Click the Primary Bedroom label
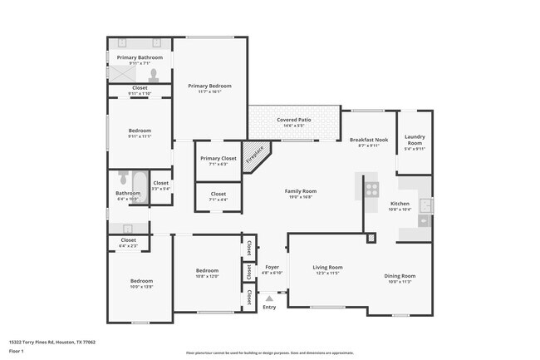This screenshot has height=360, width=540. click(209, 86)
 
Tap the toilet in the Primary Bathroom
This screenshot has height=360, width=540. click(153, 73)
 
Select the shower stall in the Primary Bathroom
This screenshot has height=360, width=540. click(122, 73)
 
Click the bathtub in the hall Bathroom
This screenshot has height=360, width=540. click(137, 180)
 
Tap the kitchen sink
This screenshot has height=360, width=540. click(425, 205)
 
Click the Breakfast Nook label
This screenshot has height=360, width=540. click(370, 140)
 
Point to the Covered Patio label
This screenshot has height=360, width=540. click(294, 120)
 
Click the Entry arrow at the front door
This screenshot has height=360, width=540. click(269, 297)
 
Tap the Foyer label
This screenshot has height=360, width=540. click(272, 267)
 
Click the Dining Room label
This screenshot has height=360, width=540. click(400, 275)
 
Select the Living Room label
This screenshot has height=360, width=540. click(327, 267)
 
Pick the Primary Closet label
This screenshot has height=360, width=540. click(218, 158)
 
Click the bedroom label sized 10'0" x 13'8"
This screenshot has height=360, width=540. click(140, 281)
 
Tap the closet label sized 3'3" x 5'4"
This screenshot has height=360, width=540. click(160, 183)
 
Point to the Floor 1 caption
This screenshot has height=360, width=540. click(17, 351)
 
